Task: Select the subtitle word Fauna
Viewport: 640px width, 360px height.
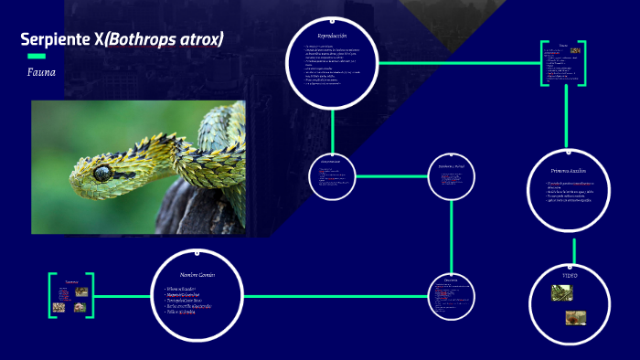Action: (42, 70)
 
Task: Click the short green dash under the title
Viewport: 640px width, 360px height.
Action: (37, 56)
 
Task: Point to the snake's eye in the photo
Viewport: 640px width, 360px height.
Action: (101, 171)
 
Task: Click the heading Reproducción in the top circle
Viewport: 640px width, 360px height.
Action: (332, 35)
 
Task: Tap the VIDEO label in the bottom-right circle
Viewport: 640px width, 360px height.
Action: (571, 274)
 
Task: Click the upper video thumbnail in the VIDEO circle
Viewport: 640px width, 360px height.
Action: (562, 292)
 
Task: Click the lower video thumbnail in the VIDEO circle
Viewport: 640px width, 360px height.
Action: (575, 317)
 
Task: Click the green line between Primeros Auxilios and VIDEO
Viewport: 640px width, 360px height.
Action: (574, 249)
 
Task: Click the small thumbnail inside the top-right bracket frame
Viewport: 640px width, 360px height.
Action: (574, 51)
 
